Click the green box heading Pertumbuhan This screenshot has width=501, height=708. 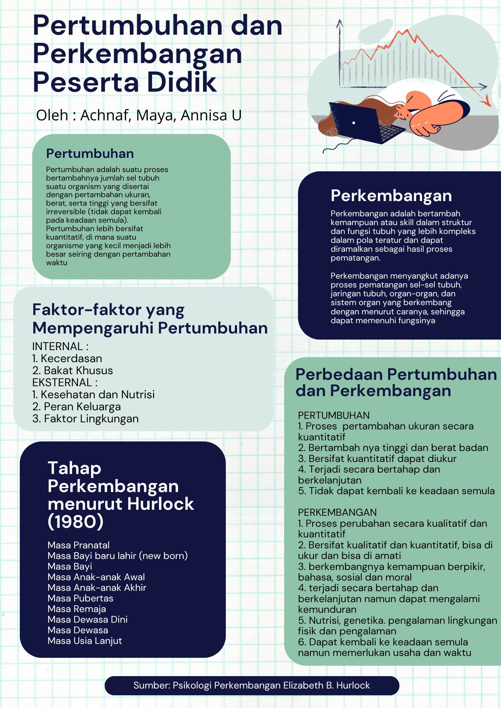point(90,154)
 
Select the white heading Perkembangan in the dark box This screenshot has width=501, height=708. point(391,195)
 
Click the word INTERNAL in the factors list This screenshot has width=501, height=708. point(57,346)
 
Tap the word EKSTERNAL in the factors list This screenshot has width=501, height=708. point(62,382)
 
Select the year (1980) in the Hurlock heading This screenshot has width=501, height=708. point(75,521)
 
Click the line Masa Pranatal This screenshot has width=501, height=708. point(79,545)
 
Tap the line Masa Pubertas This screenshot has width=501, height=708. point(80,598)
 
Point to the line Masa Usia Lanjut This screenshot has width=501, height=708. point(85,641)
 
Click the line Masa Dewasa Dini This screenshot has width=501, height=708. point(88,619)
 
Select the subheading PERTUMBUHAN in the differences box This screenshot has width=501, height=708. point(334,415)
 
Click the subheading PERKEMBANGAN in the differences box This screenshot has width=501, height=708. point(337,512)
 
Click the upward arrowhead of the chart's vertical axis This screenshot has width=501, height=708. point(340,23)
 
